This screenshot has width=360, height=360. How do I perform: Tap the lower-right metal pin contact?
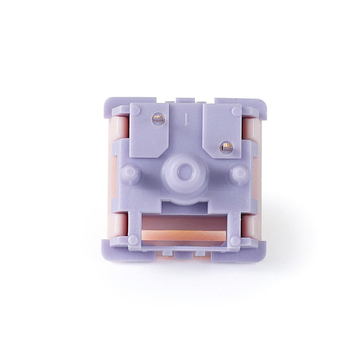[x=225, y=147]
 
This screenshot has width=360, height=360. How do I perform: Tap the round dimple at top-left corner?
[x=136, y=110]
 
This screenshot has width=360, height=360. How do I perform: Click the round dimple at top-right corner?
[x=236, y=111]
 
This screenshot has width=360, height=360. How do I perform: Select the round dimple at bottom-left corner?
[x=134, y=240]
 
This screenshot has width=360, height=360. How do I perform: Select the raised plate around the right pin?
[x=221, y=131]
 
